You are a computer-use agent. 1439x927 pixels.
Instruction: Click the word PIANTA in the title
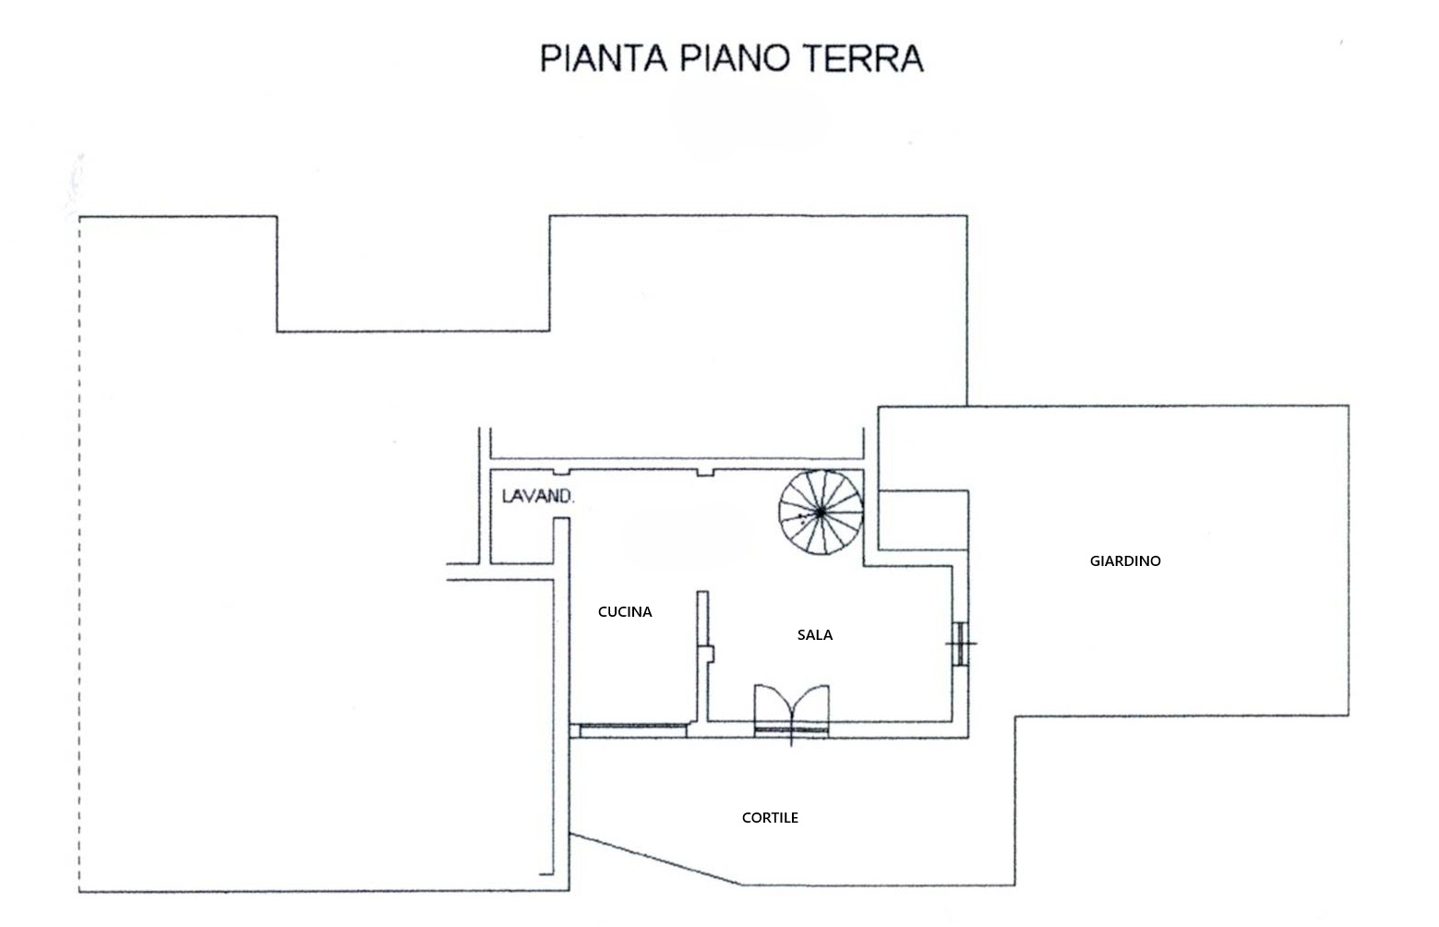click(x=604, y=58)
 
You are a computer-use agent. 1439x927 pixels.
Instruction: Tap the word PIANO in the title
click(x=735, y=58)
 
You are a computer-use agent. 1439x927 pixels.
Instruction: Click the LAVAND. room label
click(x=538, y=497)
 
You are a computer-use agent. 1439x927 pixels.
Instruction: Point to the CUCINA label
click(x=625, y=612)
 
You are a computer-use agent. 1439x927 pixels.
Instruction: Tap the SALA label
click(x=815, y=635)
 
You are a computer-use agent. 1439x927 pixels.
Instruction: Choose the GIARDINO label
click(x=1125, y=561)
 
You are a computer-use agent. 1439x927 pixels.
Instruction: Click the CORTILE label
click(x=770, y=818)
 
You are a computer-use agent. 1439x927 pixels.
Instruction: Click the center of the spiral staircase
click(x=821, y=512)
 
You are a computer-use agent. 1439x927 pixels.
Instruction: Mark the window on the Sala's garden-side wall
click(x=960, y=644)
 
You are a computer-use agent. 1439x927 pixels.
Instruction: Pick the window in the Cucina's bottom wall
click(x=633, y=729)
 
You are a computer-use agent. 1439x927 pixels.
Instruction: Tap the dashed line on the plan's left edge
click(x=79, y=554)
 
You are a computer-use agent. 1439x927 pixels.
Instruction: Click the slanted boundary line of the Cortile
click(x=656, y=860)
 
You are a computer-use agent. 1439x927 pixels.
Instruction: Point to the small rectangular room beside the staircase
click(x=923, y=521)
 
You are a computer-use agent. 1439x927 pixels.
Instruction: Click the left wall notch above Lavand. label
click(x=561, y=473)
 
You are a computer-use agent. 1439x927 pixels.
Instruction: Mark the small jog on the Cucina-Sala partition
click(x=710, y=654)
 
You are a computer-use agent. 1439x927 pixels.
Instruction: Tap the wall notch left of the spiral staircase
click(x=705, y=473)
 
